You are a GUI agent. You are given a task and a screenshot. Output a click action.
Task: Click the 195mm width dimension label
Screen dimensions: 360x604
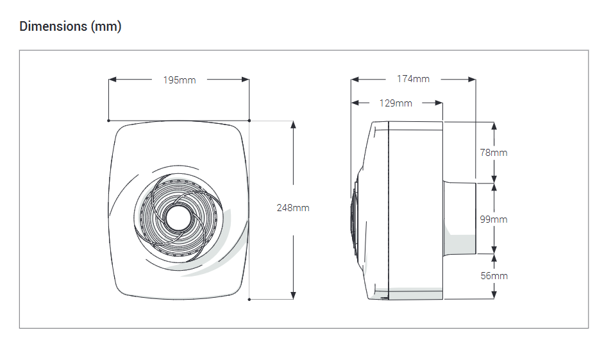179,80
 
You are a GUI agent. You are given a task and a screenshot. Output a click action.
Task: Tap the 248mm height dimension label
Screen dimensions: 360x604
293,209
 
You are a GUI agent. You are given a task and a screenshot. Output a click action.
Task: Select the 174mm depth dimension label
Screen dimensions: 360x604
413,79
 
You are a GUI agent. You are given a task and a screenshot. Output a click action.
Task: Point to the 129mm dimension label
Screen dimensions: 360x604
396,103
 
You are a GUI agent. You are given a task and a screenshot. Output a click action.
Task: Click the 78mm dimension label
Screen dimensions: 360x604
494,153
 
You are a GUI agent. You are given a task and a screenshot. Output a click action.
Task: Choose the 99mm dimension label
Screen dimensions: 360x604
494,219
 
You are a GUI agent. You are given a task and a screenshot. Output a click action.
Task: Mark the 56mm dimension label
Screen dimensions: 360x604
494,275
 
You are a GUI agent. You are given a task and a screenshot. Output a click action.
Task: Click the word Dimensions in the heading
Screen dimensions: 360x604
53,26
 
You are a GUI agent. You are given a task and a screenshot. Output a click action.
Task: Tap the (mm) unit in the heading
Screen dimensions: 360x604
106,26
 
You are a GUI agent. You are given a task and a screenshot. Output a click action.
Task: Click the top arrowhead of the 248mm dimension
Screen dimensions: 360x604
293,124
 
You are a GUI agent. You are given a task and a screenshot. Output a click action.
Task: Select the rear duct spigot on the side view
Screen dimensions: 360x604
459,218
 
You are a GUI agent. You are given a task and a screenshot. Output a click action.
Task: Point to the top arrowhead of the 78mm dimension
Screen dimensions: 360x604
494,125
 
